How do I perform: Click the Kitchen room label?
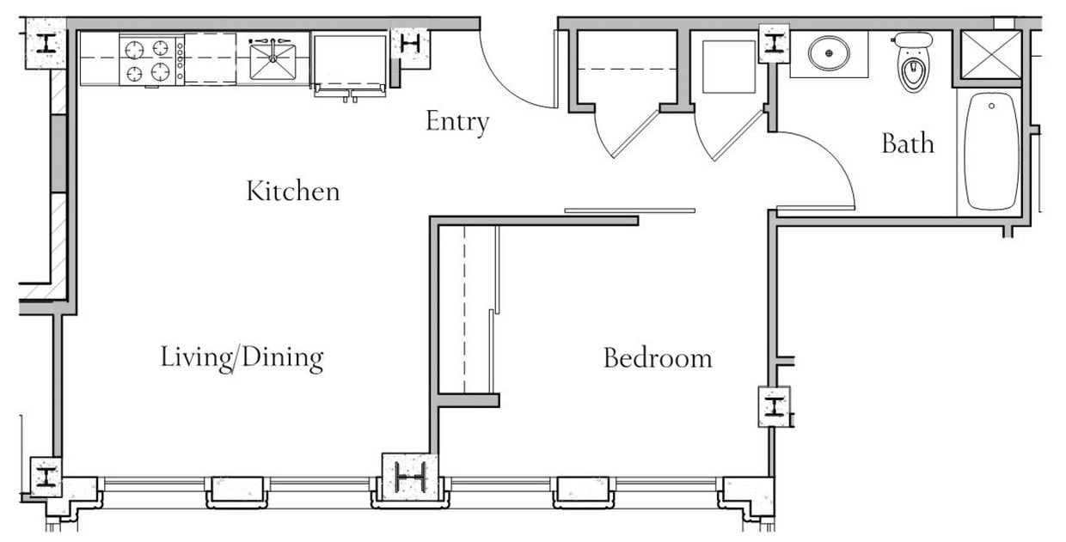coord(293,191)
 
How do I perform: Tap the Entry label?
coord(457,122)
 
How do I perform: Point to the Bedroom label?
coord(658,357)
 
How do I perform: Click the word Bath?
coord(907,143)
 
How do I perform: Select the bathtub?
coord(991,150)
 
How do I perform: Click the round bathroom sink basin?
coord(829,54)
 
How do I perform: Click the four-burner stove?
coord(147,61)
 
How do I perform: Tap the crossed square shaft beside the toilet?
coord(990,55)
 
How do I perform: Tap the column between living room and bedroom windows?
coord(410,474)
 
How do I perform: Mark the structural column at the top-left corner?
coord(45,43)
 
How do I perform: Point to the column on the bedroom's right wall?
coord(774,406)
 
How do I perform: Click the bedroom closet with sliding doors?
coord(467,309)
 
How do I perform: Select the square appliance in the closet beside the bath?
coord(728,67)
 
